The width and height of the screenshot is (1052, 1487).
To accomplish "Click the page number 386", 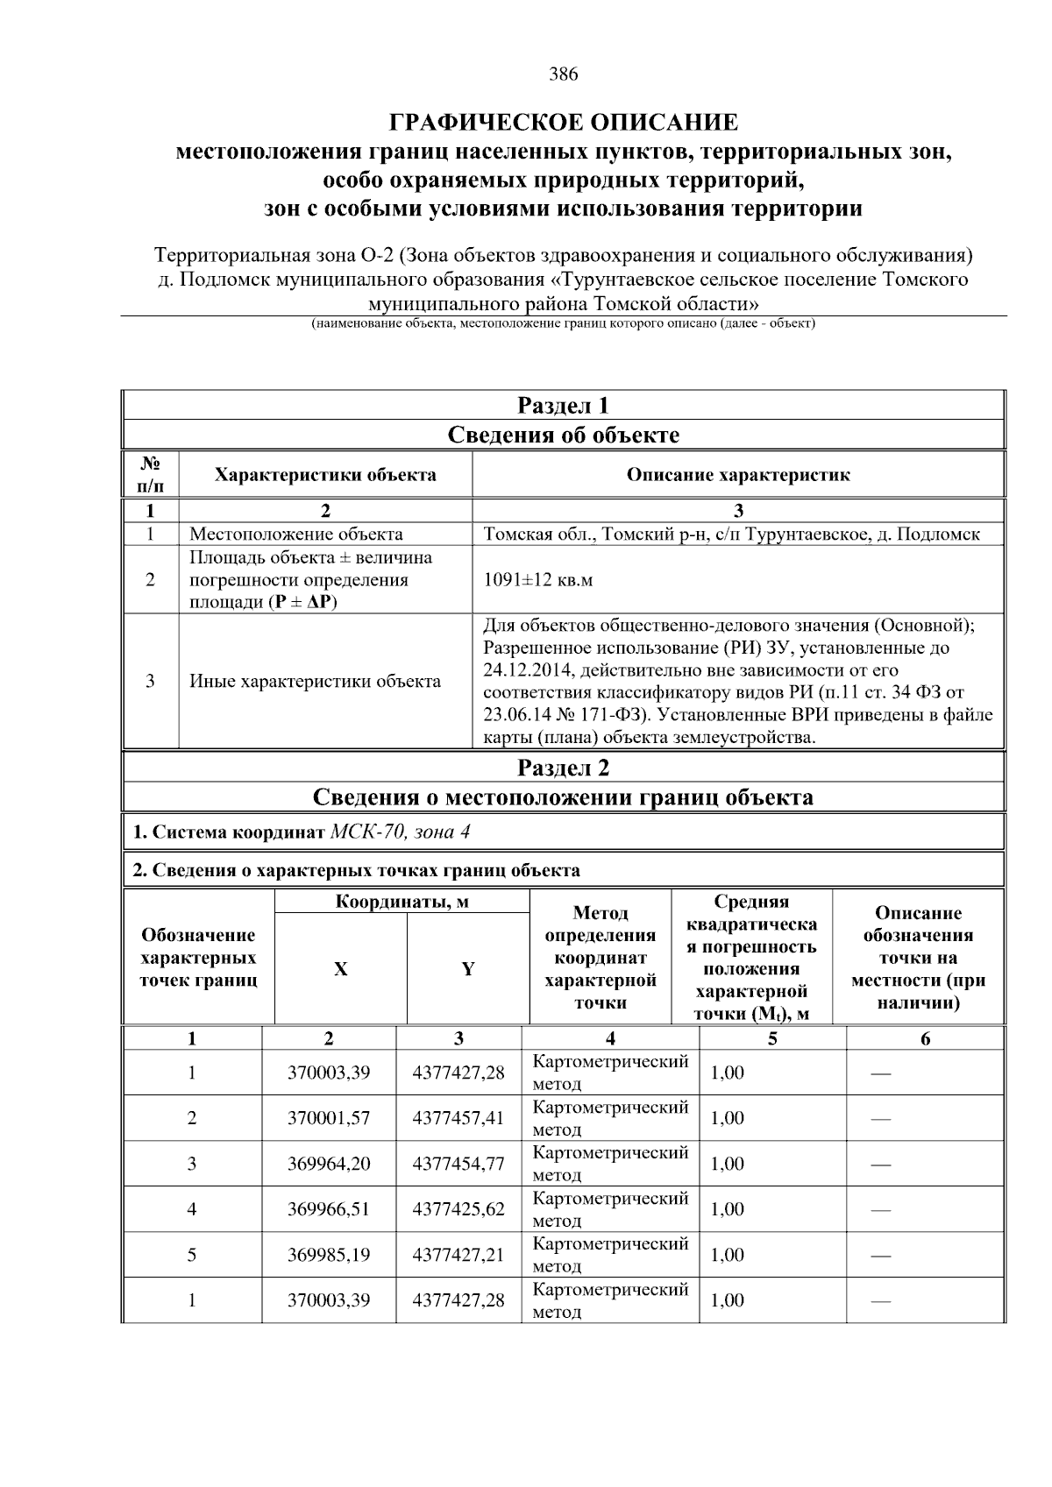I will pos(564,74).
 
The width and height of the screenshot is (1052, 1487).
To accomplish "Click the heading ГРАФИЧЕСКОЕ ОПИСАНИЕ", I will pos(564,122).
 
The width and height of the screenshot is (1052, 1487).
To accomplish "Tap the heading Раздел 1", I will pos(563,406).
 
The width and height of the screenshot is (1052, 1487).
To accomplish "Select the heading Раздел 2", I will pos(563,768).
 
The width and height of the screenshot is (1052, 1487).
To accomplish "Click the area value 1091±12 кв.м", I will pos(538,580).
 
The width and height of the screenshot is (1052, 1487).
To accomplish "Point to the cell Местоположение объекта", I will pos(296,534).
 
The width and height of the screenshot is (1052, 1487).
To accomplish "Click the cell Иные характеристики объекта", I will pos(316,681).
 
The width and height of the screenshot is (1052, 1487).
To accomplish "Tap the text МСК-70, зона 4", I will pos(400,832).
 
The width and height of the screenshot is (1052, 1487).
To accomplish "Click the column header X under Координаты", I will pos(340,969).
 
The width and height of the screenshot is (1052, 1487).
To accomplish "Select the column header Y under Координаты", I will pos(468,969).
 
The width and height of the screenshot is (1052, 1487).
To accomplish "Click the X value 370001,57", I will pos(329,1118).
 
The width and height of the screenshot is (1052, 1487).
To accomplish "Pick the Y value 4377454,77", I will pos(458,1164).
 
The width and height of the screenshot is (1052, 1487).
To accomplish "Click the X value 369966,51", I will pos(329,1209).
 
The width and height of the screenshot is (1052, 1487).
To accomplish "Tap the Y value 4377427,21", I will pos(458,1255).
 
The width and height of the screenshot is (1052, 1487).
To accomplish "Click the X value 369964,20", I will pos(329,1164).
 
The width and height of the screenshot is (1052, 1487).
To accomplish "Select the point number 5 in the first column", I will pos(192,1255).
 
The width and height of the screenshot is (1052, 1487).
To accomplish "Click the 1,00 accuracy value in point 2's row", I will pos(727,1118).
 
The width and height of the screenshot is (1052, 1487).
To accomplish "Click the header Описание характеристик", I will pos(738,475).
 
